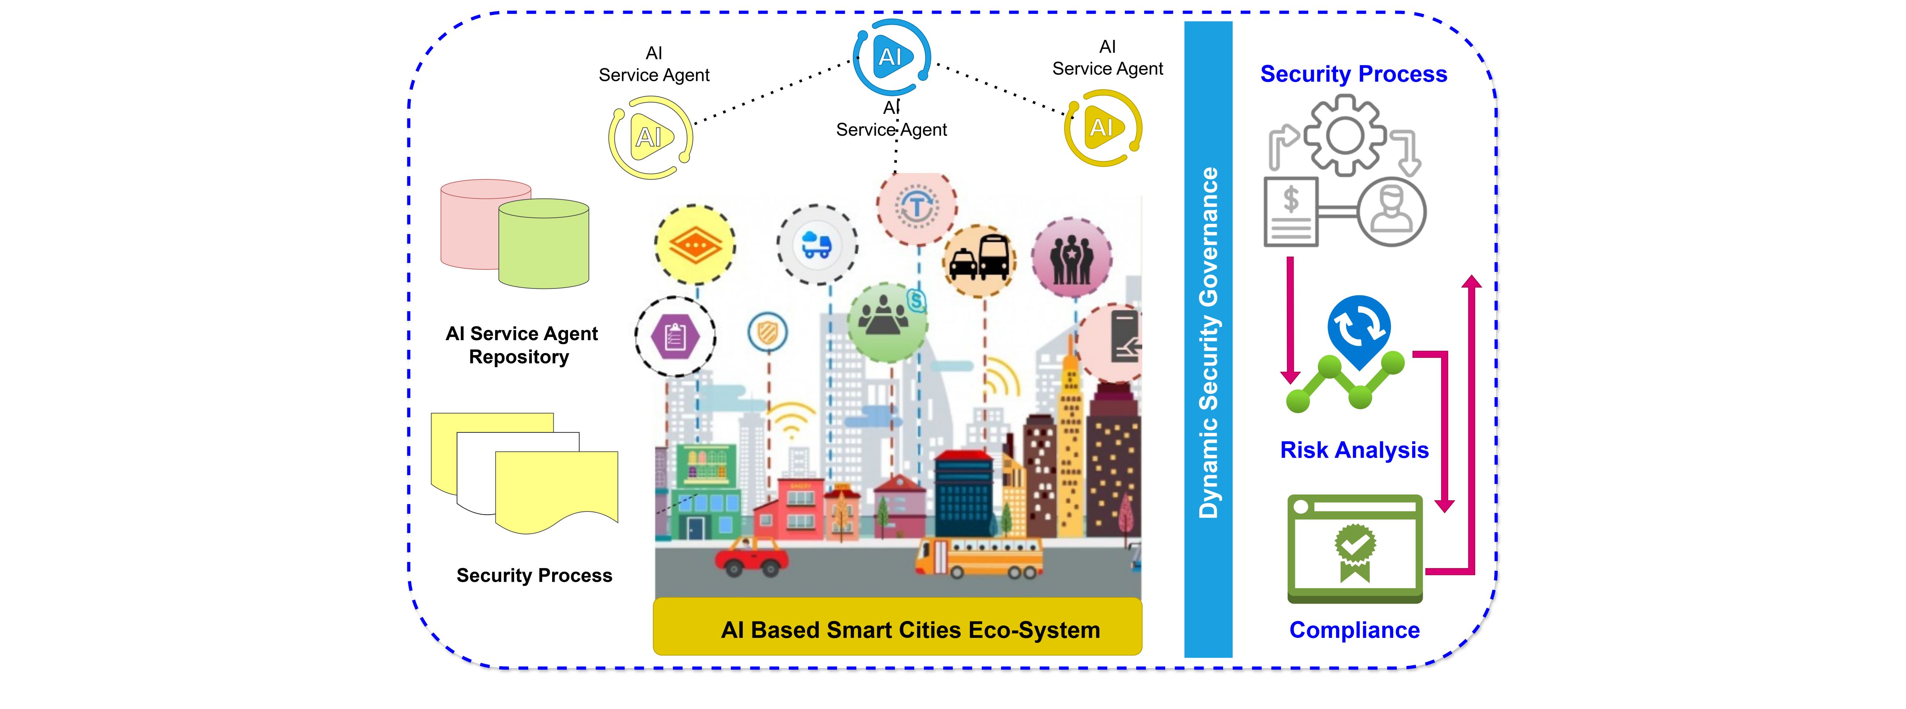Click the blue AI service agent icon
[x=892, y=57]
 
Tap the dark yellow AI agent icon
[x=1103, y=128]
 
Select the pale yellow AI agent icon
[x=650, y=137]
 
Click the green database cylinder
[x=544, y=244]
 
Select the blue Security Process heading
[x=1353, y=74]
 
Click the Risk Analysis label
[x=1354, y=450]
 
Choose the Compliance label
[x=1354, y=630]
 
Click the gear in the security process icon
[x=1344, y=137]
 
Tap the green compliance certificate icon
[x=1355, y=549]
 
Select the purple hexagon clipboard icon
[x=675, y=337]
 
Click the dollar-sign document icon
[x=1291, y=211]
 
